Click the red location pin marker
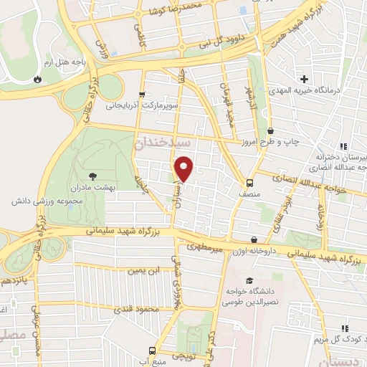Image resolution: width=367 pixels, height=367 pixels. click(x=184, y=169)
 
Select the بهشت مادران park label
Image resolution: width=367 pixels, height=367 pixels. click(x=92, y=186)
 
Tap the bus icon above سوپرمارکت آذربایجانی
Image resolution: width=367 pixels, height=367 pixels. click(x=141, y=94)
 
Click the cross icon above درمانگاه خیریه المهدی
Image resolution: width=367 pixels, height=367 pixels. click(x=305, y=79)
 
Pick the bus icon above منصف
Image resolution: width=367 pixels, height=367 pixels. click(x=249, y=182)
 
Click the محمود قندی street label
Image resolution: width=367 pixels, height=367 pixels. click(x=136, y=309)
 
